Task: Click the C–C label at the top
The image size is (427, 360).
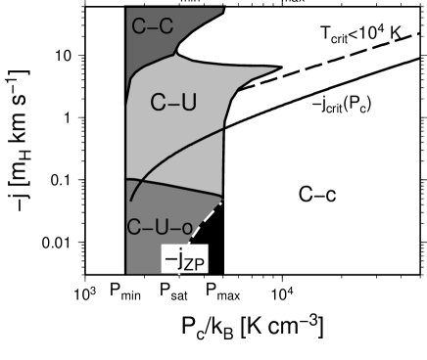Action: [x=152, y=26]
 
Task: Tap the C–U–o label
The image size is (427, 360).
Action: [x=159, y=227]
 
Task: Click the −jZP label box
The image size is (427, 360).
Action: [x=185, y=258]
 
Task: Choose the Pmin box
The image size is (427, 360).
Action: [x=125, y=290]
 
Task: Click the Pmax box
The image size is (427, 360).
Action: [x=223, y=290]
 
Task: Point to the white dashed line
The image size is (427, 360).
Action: [x=206, y=222]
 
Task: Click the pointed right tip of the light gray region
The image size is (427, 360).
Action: [x=279, y=70]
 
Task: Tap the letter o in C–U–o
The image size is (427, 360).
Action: [x=185, y=228]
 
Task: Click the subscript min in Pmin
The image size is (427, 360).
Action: [x=132, y=292]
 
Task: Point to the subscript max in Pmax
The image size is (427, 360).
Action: [x=230, y=292]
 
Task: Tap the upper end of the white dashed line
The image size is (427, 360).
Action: [x=224, y=201]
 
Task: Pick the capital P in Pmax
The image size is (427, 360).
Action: [x=210, y=289]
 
